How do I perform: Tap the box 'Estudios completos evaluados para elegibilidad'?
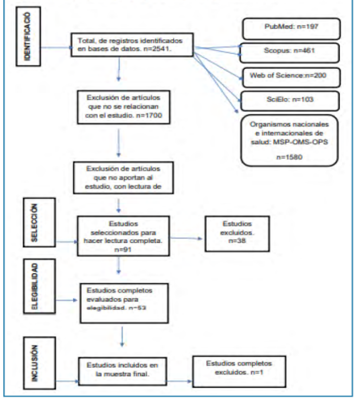(x=124, y=297)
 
